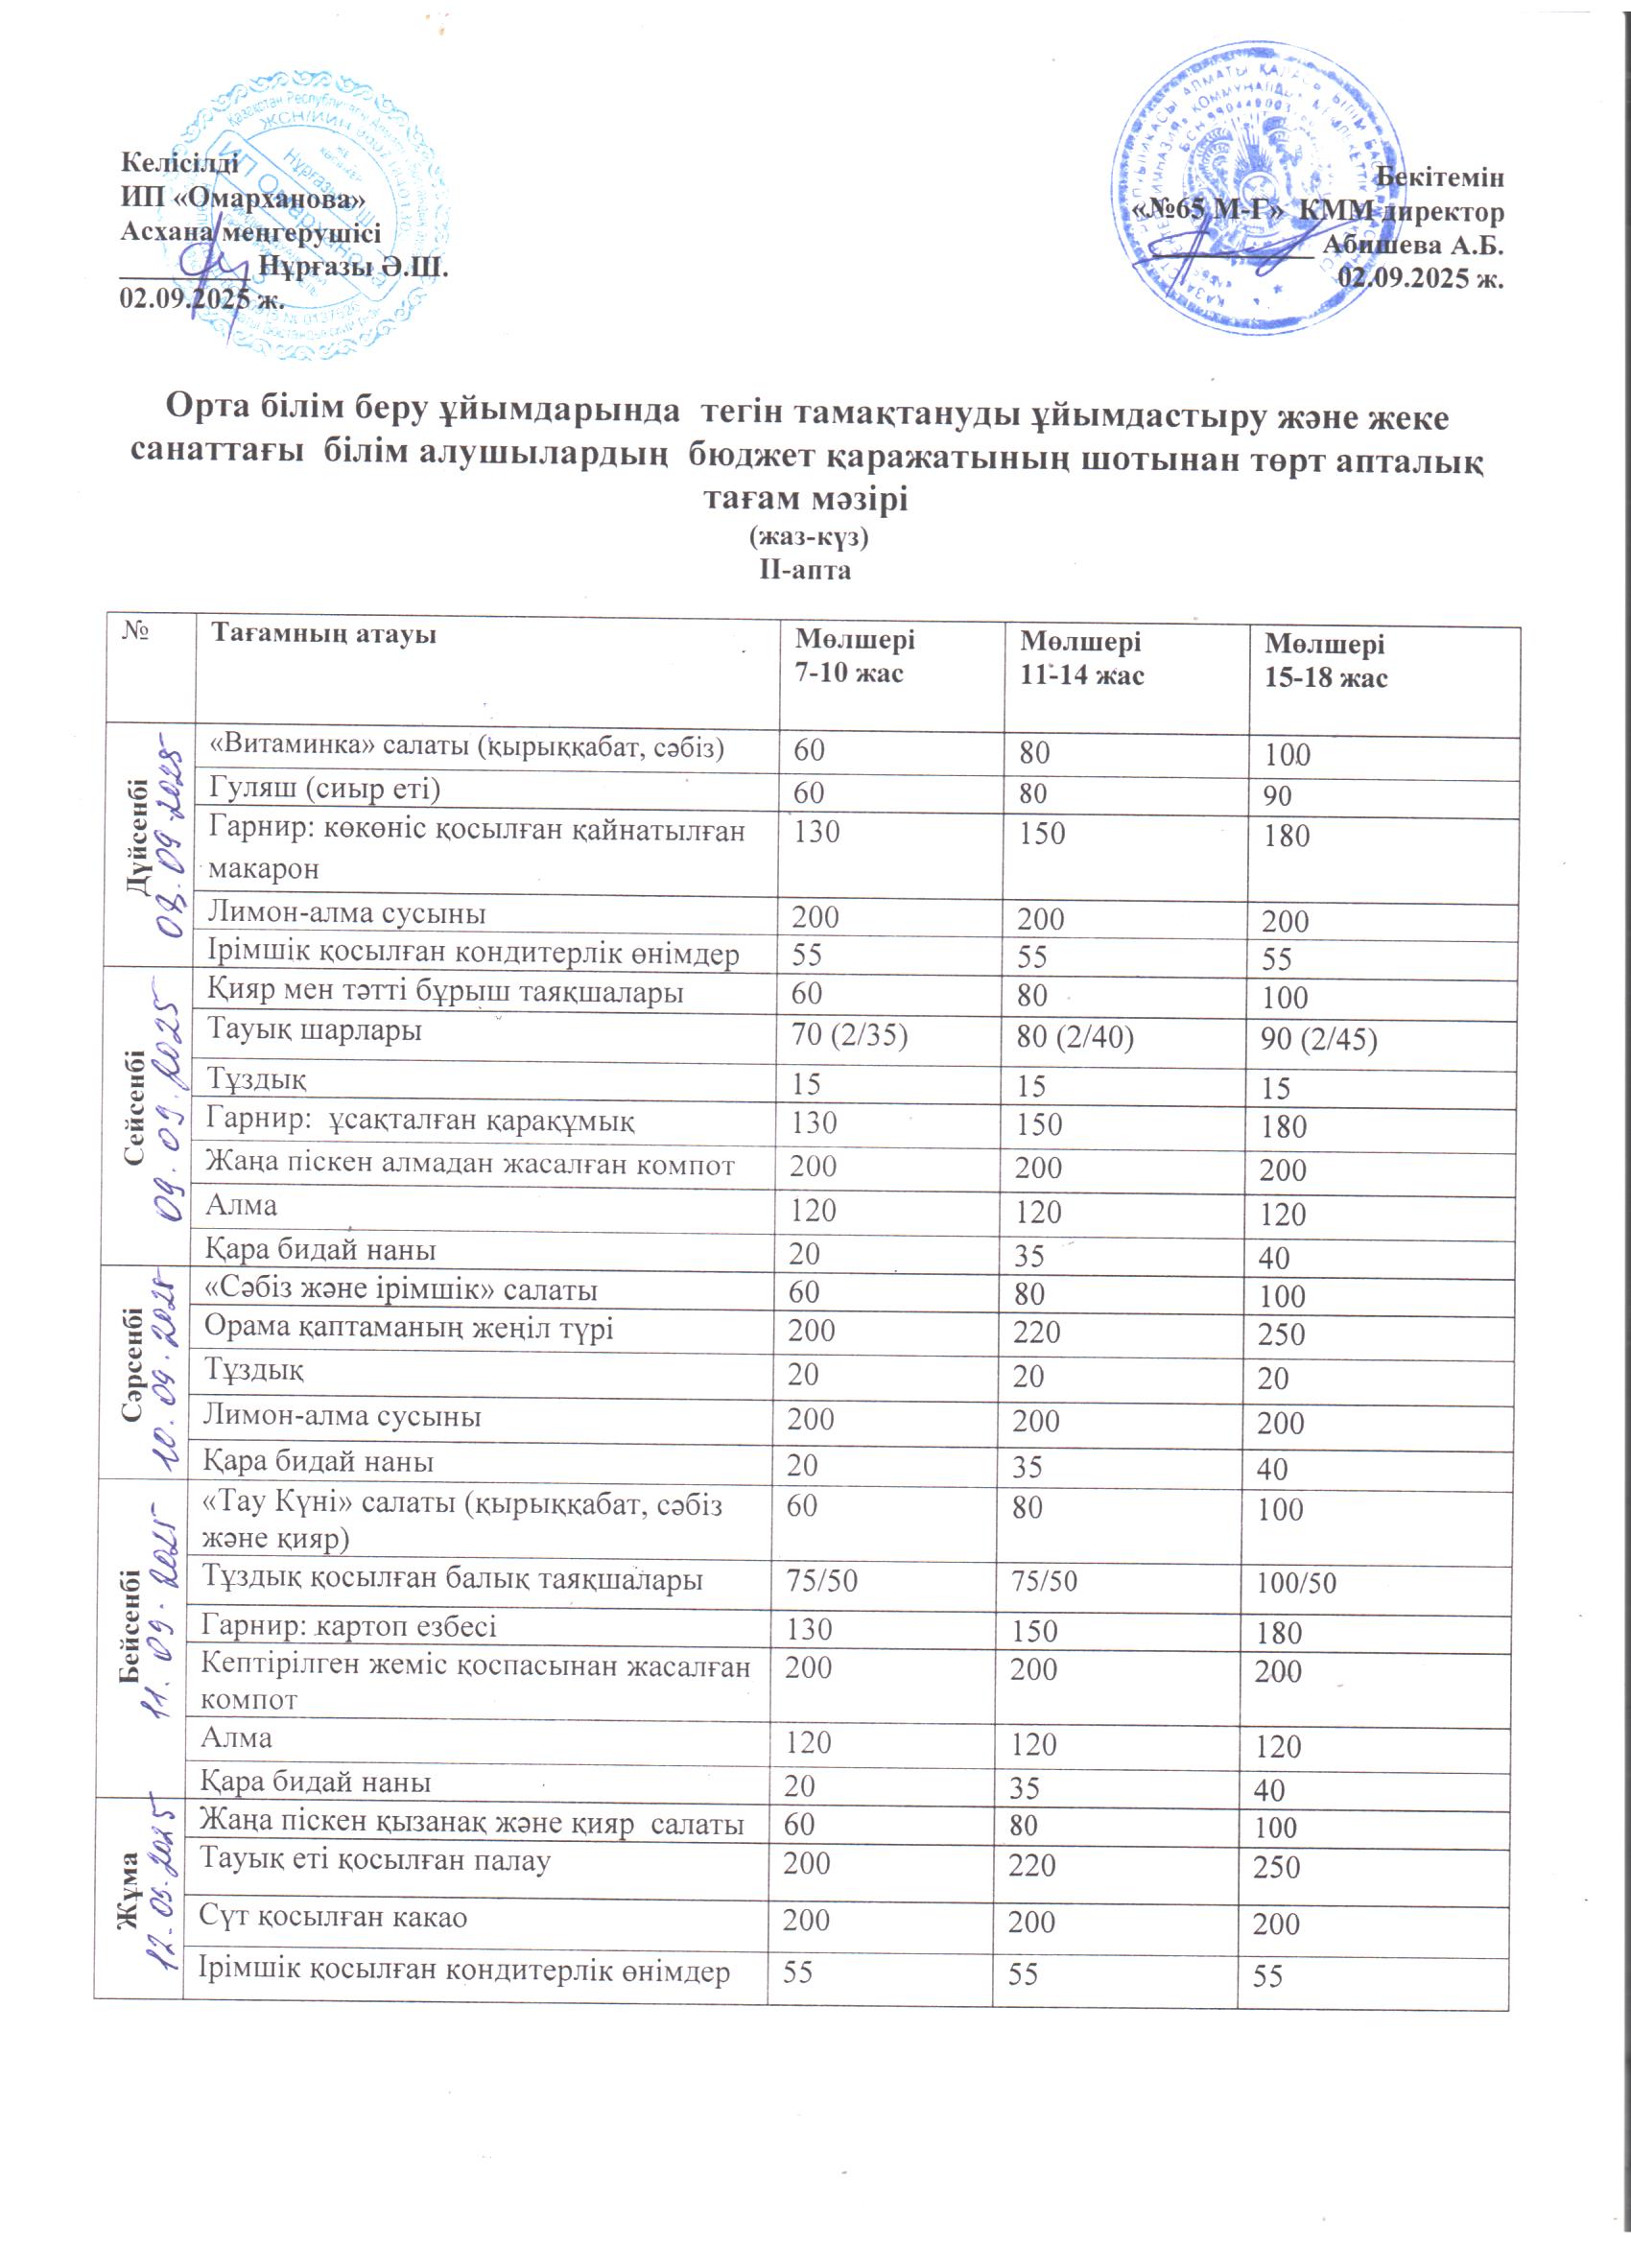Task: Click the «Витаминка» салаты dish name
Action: [x=465, y=747]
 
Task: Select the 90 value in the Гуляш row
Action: [x=1277, y=797]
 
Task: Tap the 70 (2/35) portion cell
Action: [x=849, y=1035]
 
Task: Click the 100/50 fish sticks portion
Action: [x=1296, y=1583]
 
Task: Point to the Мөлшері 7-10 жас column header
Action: [x=856, y=656]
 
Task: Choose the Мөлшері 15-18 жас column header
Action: [x=1325, y=661]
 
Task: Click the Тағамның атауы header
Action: [x=323, y=634]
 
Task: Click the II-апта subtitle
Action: [x=805, y=571]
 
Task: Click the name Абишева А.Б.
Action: [x=1412, y=245]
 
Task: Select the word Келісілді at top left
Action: [x=179, y=162]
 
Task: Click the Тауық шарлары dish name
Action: [x=314, y=1030]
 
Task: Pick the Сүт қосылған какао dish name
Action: [x=333, y=1917]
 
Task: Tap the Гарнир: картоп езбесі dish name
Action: [x=348, y=1626]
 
